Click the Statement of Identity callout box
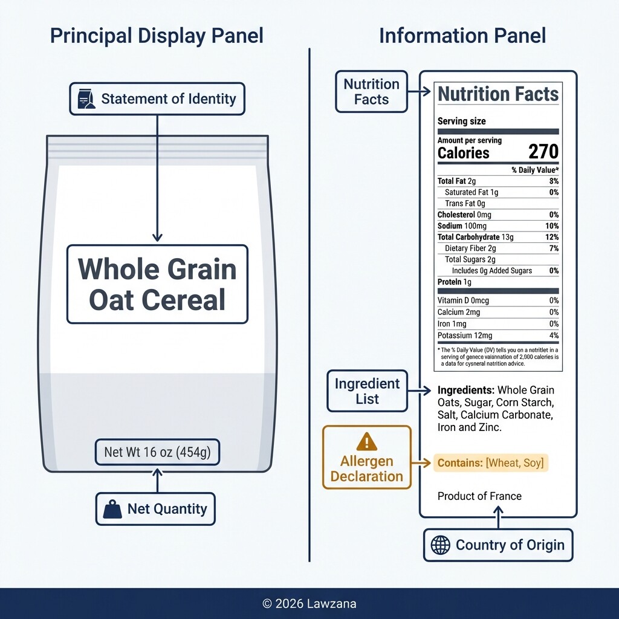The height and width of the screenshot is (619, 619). click(157, 99)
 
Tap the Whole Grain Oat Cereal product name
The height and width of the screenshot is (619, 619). click(157, 284)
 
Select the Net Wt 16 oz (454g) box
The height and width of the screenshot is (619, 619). click(157, 452)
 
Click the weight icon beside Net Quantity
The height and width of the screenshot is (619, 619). click(112, 509)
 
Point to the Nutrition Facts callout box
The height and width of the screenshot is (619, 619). click(371, 91)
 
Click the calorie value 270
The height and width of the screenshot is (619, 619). click(543, 152)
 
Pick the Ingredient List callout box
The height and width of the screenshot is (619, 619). click(367, 391)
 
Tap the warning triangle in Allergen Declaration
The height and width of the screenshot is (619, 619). click(366, 442)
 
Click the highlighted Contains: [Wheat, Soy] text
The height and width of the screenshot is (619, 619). click(491, 463)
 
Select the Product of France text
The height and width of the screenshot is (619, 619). click(479, 496)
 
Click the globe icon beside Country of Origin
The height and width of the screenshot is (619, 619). click(440, 545)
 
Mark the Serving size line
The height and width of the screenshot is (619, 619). click(461, 121)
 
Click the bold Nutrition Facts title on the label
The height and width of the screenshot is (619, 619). click(498, 94)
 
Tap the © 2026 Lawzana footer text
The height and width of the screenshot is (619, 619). click(309, 603)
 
